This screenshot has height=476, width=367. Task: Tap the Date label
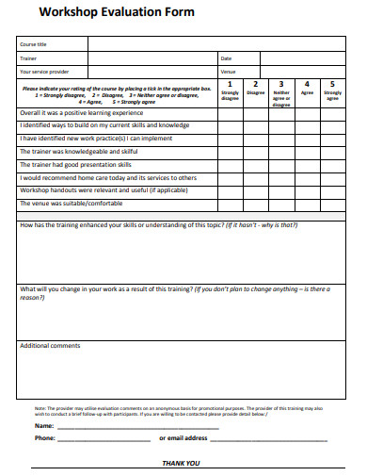tap(226, 57)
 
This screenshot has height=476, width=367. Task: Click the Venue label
tap(228, 71)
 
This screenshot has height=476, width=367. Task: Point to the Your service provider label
tap(44, 71)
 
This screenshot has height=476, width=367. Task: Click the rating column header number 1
tap(230, 84)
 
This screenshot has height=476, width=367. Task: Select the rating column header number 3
tap(281, 84)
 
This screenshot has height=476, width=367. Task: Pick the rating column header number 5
tap(333, 84)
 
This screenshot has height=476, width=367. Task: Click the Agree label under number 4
tap(307, 93)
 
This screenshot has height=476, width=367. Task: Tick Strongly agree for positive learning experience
tap(333, 113)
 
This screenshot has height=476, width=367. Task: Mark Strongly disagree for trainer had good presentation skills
tap(230, 164)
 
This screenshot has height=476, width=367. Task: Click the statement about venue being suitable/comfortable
tap(72, 203)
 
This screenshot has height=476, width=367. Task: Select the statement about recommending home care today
tap(108, 177)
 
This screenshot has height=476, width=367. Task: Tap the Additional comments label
tap(50, 345)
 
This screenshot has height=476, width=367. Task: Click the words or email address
tap(183, 437)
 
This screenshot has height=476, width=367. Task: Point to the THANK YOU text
tap(182, 463)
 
